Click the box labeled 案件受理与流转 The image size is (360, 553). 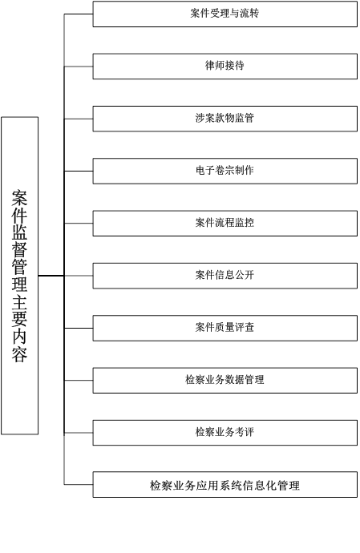click(x=224, y=14)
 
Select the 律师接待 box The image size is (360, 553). click(x=224, y=67)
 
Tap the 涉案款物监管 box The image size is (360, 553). click(x=224, y=119)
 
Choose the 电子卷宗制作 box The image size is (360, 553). click(x=224, y=171)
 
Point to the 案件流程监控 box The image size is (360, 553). click(x=224, y=224)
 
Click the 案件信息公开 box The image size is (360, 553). click(x=224, y=276)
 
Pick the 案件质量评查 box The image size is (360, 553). click(x=224, y=328)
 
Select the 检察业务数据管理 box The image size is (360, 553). click(x=224, y=380)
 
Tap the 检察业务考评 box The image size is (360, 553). click(x=224, y=433)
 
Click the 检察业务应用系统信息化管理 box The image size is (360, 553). click(x=224, y=485)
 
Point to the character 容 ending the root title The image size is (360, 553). click(x=19, y=353)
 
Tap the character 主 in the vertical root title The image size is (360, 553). click(x=19, y=302)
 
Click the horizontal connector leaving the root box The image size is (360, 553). click(x=51, y=276)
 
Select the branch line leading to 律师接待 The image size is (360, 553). click(x=79, y=67)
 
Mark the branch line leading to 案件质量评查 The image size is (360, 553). click(x=79, y=328)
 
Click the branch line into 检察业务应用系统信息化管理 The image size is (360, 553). click(x=79, y=485)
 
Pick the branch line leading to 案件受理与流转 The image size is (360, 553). click(x=79, y=14)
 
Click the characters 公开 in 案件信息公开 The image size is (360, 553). click(x=245, y=275)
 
